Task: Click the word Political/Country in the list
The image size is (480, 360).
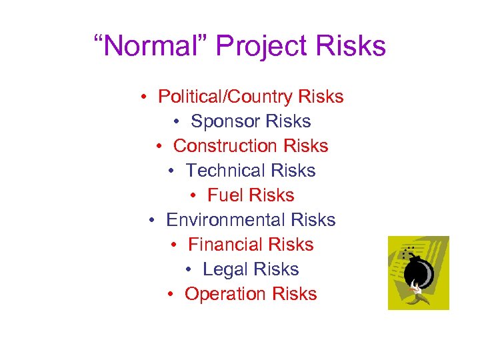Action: (225, 97)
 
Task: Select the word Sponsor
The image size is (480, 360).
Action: (225, 122)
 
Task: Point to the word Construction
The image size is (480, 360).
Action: (225, 146)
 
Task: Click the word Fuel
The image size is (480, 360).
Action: (223, 195)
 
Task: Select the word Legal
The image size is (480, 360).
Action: (222, 269)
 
